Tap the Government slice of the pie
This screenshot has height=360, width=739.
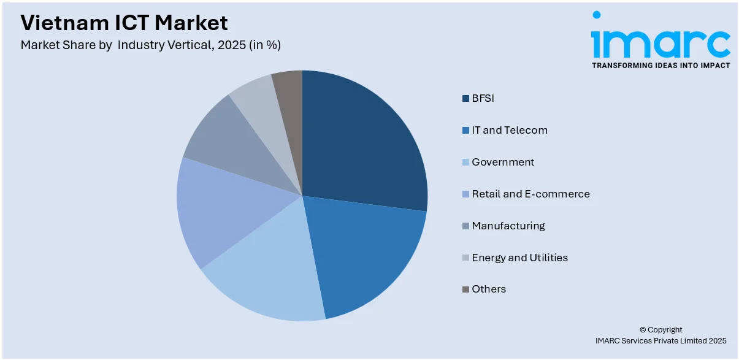tap(270, 276)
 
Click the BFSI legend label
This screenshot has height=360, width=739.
tap(483, 98)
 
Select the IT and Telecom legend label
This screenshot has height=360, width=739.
tap(510, 130)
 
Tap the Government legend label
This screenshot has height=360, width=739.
tap(503, 162)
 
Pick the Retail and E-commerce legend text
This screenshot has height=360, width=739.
tap(530, 194)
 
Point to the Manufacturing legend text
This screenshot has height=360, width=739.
tap(508, 226)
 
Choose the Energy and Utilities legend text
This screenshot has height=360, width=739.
tap(519, 258)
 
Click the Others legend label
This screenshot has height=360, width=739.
tap(489, 289)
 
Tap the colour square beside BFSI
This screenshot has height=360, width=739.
tap(466, 98)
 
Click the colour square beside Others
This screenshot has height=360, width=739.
tap(466, 289)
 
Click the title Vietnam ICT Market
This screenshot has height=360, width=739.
tap(124, 23)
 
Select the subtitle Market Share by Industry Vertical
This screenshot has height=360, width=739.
tap(150, 45)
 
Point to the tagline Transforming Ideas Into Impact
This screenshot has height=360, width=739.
tap(661, 66)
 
